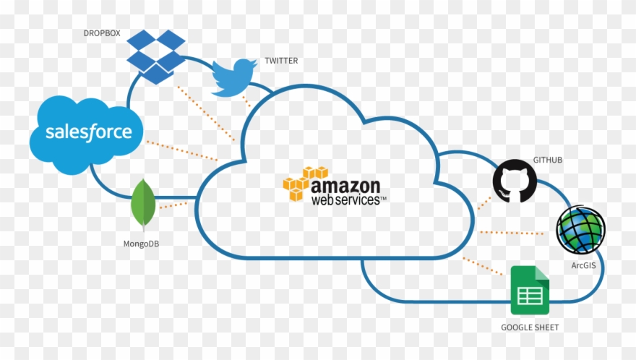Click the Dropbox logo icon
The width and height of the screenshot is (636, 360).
pos(155,56)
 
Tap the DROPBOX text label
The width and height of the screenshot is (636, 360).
pos(101,33)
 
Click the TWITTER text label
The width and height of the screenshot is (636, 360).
pos(281,61)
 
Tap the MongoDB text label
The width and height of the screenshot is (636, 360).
pos(142,244)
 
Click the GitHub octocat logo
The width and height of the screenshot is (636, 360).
pos(515,180)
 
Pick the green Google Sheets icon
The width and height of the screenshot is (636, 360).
pos(530,290)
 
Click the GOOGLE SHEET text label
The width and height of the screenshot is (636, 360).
pos(530,327)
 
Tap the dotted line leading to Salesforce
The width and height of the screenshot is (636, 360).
pos(181,150)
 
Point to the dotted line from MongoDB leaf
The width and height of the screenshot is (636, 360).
pos(173,205)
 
